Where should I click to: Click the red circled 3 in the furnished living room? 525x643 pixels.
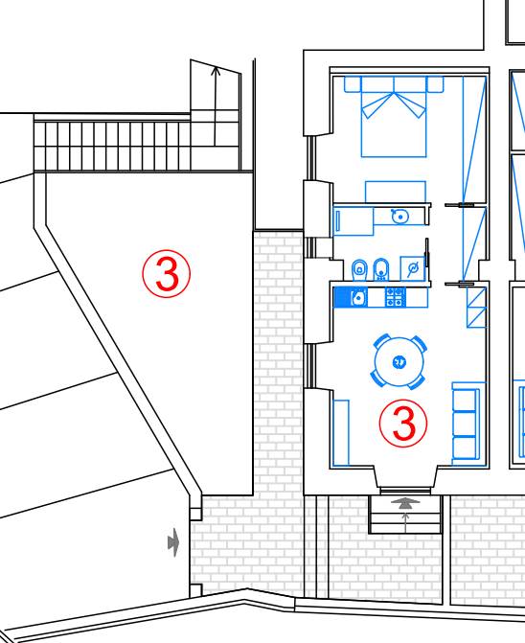(403, 423)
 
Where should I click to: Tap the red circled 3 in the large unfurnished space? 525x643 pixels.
(167, 273)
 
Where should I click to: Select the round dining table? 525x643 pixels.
(399, 361)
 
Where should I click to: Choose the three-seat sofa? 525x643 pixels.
(466, 424)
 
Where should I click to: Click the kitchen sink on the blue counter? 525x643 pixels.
(359, 297)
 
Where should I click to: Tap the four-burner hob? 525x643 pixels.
(395, 297)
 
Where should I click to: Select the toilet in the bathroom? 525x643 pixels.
(360, 270)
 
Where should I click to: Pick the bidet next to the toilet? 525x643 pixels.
(381, 269)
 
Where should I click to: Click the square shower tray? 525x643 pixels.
(412, 268)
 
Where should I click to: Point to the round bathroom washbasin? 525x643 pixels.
(399, 216)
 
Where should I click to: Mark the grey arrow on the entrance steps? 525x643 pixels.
(405, 504)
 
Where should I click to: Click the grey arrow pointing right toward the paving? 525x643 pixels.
(173, 542)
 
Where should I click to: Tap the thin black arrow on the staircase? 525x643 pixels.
(216, 107)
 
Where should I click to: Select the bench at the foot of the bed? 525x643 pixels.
(396, 192)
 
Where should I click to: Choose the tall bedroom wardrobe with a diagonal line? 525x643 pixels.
(474, 140)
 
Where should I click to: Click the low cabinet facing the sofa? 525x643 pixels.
(341, 432)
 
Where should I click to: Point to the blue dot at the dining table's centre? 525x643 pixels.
(399, 362)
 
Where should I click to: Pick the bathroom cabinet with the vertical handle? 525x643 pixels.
(354, 221)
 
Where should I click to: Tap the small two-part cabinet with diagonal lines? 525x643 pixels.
(477, 308)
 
